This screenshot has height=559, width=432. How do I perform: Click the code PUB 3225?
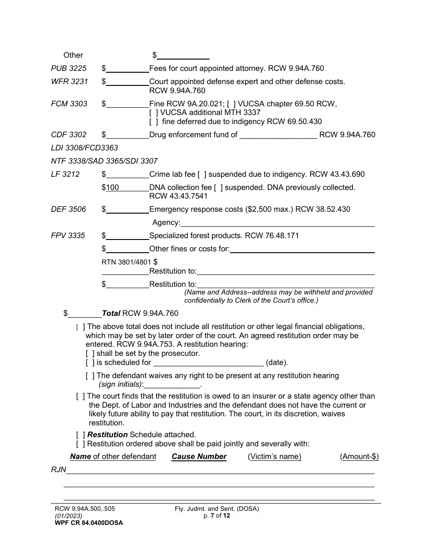pyautogui.click(x=69, y=69)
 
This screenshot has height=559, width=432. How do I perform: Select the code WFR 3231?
pyautogui.click(x=69, y=82)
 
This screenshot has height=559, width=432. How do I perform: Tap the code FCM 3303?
pyautogui.click(x=69, y=104)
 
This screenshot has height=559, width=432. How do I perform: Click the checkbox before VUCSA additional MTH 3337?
pyautogui.click(x=153, y=113)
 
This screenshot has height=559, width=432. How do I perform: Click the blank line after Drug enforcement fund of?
pyautogui.click(x=278, y=135)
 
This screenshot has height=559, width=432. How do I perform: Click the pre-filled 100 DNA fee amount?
pyautogui.click(x=113, y=188)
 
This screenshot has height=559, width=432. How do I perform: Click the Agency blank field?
pyautogui.click(x=277, y=223)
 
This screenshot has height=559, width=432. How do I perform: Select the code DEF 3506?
pyautogui.click(x=68, y=210)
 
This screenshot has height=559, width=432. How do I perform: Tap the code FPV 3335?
pyautogui.click(x=68, y=236)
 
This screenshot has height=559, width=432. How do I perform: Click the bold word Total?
pyautogui.click(x=111, y=314)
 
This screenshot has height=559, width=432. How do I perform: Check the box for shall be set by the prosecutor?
pyautogui.click(x=90, y=354)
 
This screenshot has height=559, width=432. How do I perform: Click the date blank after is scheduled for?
pyautogui.click(x=208, y=363)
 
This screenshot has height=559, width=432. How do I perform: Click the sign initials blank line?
pyautogui.click(x=171, y=384)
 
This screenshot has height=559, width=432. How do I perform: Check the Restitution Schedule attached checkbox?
pyautogui.click(x=80, y=435)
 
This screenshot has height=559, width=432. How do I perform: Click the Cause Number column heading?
pyautogui.click(x=199, y=457)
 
